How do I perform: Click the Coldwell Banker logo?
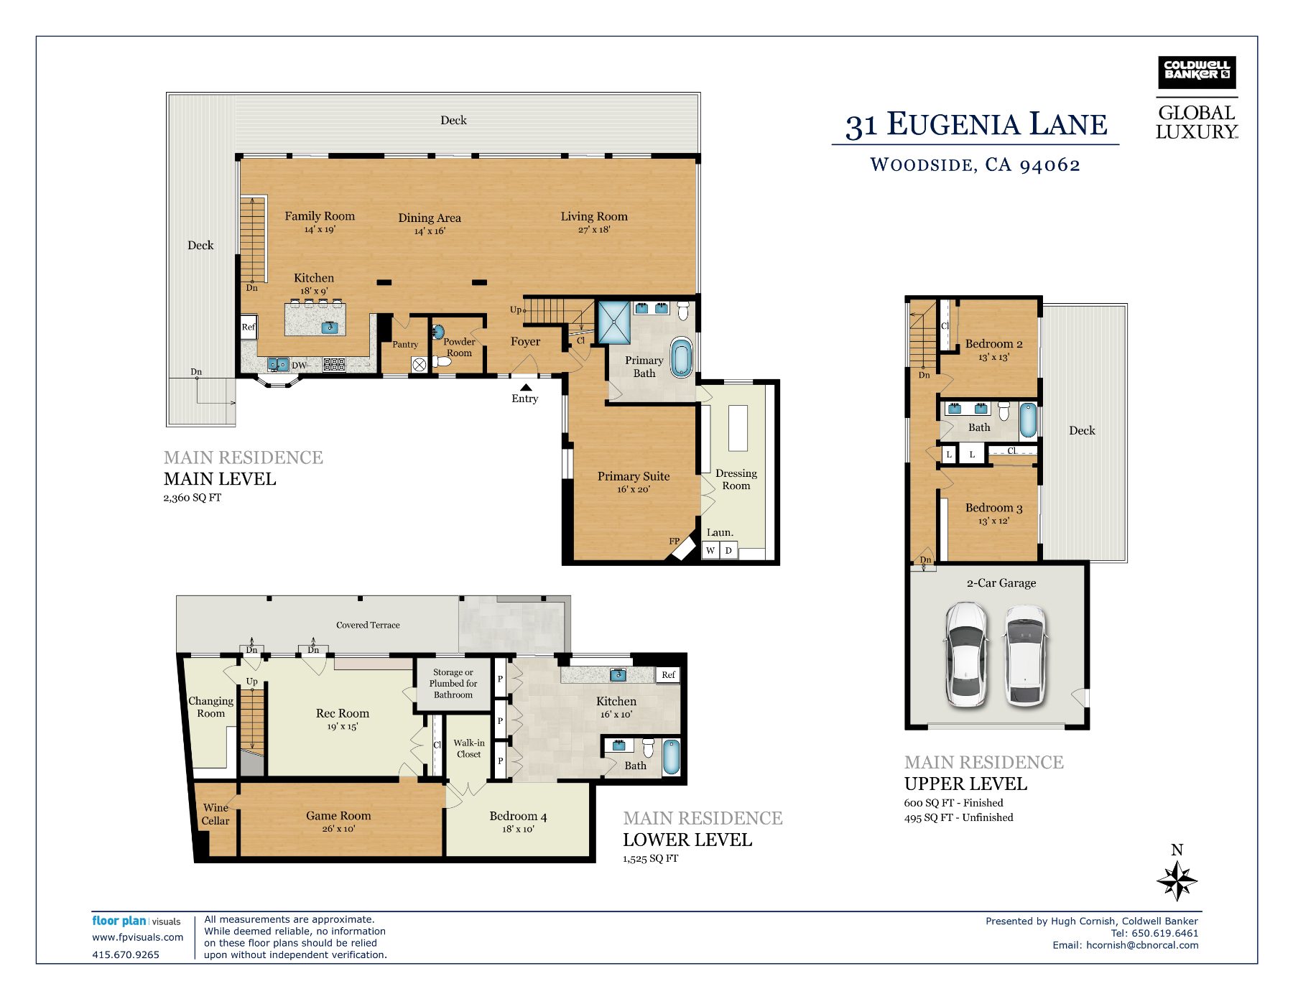pyautogui.click(x=1197, y=73)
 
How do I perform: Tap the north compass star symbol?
pyautogui.click(x=1177, y=880)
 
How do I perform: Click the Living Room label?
pyautogui.click(x=594, y=216)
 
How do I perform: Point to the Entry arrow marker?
pyautogui.click(x=526, y=387)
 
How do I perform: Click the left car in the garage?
pyautogui.click(x=965, y=654)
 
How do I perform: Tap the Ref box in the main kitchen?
pyautogui.click(x=249, y=327)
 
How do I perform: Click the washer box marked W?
pyautogui.click(x=710, y=550)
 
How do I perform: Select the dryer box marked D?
pyautogui.click(x=728, y=550)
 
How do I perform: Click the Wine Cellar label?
pyautogui.click(x=215, y=814)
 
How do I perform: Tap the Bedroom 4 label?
pyautogui.click(x=518, y=816)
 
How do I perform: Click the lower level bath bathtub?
pyautogui.click(x=671, y=757)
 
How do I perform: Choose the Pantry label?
pyautogui.click(x=405, y=344)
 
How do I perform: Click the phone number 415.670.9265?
pyautogui.click(x=126, y=954)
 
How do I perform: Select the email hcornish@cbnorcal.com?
pyautogui.click(x=1142, y=945)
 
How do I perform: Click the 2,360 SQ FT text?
pyautogui.click(x=193, y=498)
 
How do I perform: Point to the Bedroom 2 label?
pyautogui.click(x=993, y=344)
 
